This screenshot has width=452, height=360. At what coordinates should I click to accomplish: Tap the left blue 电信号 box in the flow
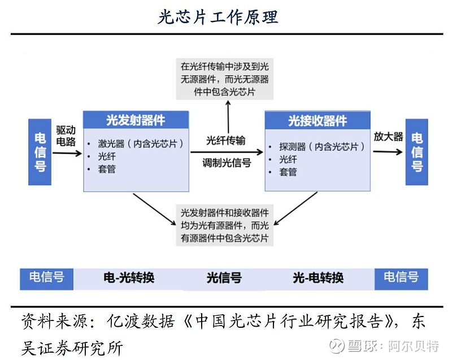40,152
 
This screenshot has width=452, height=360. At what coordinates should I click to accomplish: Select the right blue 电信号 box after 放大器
416,152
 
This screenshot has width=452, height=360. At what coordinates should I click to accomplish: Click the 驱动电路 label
66,135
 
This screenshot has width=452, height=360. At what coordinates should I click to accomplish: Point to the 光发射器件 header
136,120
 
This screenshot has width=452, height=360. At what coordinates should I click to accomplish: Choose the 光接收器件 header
317,120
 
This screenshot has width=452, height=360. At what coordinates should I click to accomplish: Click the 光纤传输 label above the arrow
226,140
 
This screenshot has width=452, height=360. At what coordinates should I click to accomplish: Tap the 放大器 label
388,136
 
